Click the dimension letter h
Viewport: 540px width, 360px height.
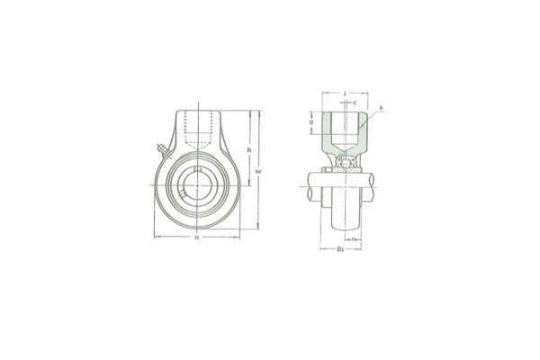247,149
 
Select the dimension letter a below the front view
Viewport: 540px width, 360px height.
196,238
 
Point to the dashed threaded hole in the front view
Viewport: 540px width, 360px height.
196,130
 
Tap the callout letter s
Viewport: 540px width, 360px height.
382,109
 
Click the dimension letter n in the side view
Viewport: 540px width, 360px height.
355,239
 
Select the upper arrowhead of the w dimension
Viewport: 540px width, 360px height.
258,113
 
